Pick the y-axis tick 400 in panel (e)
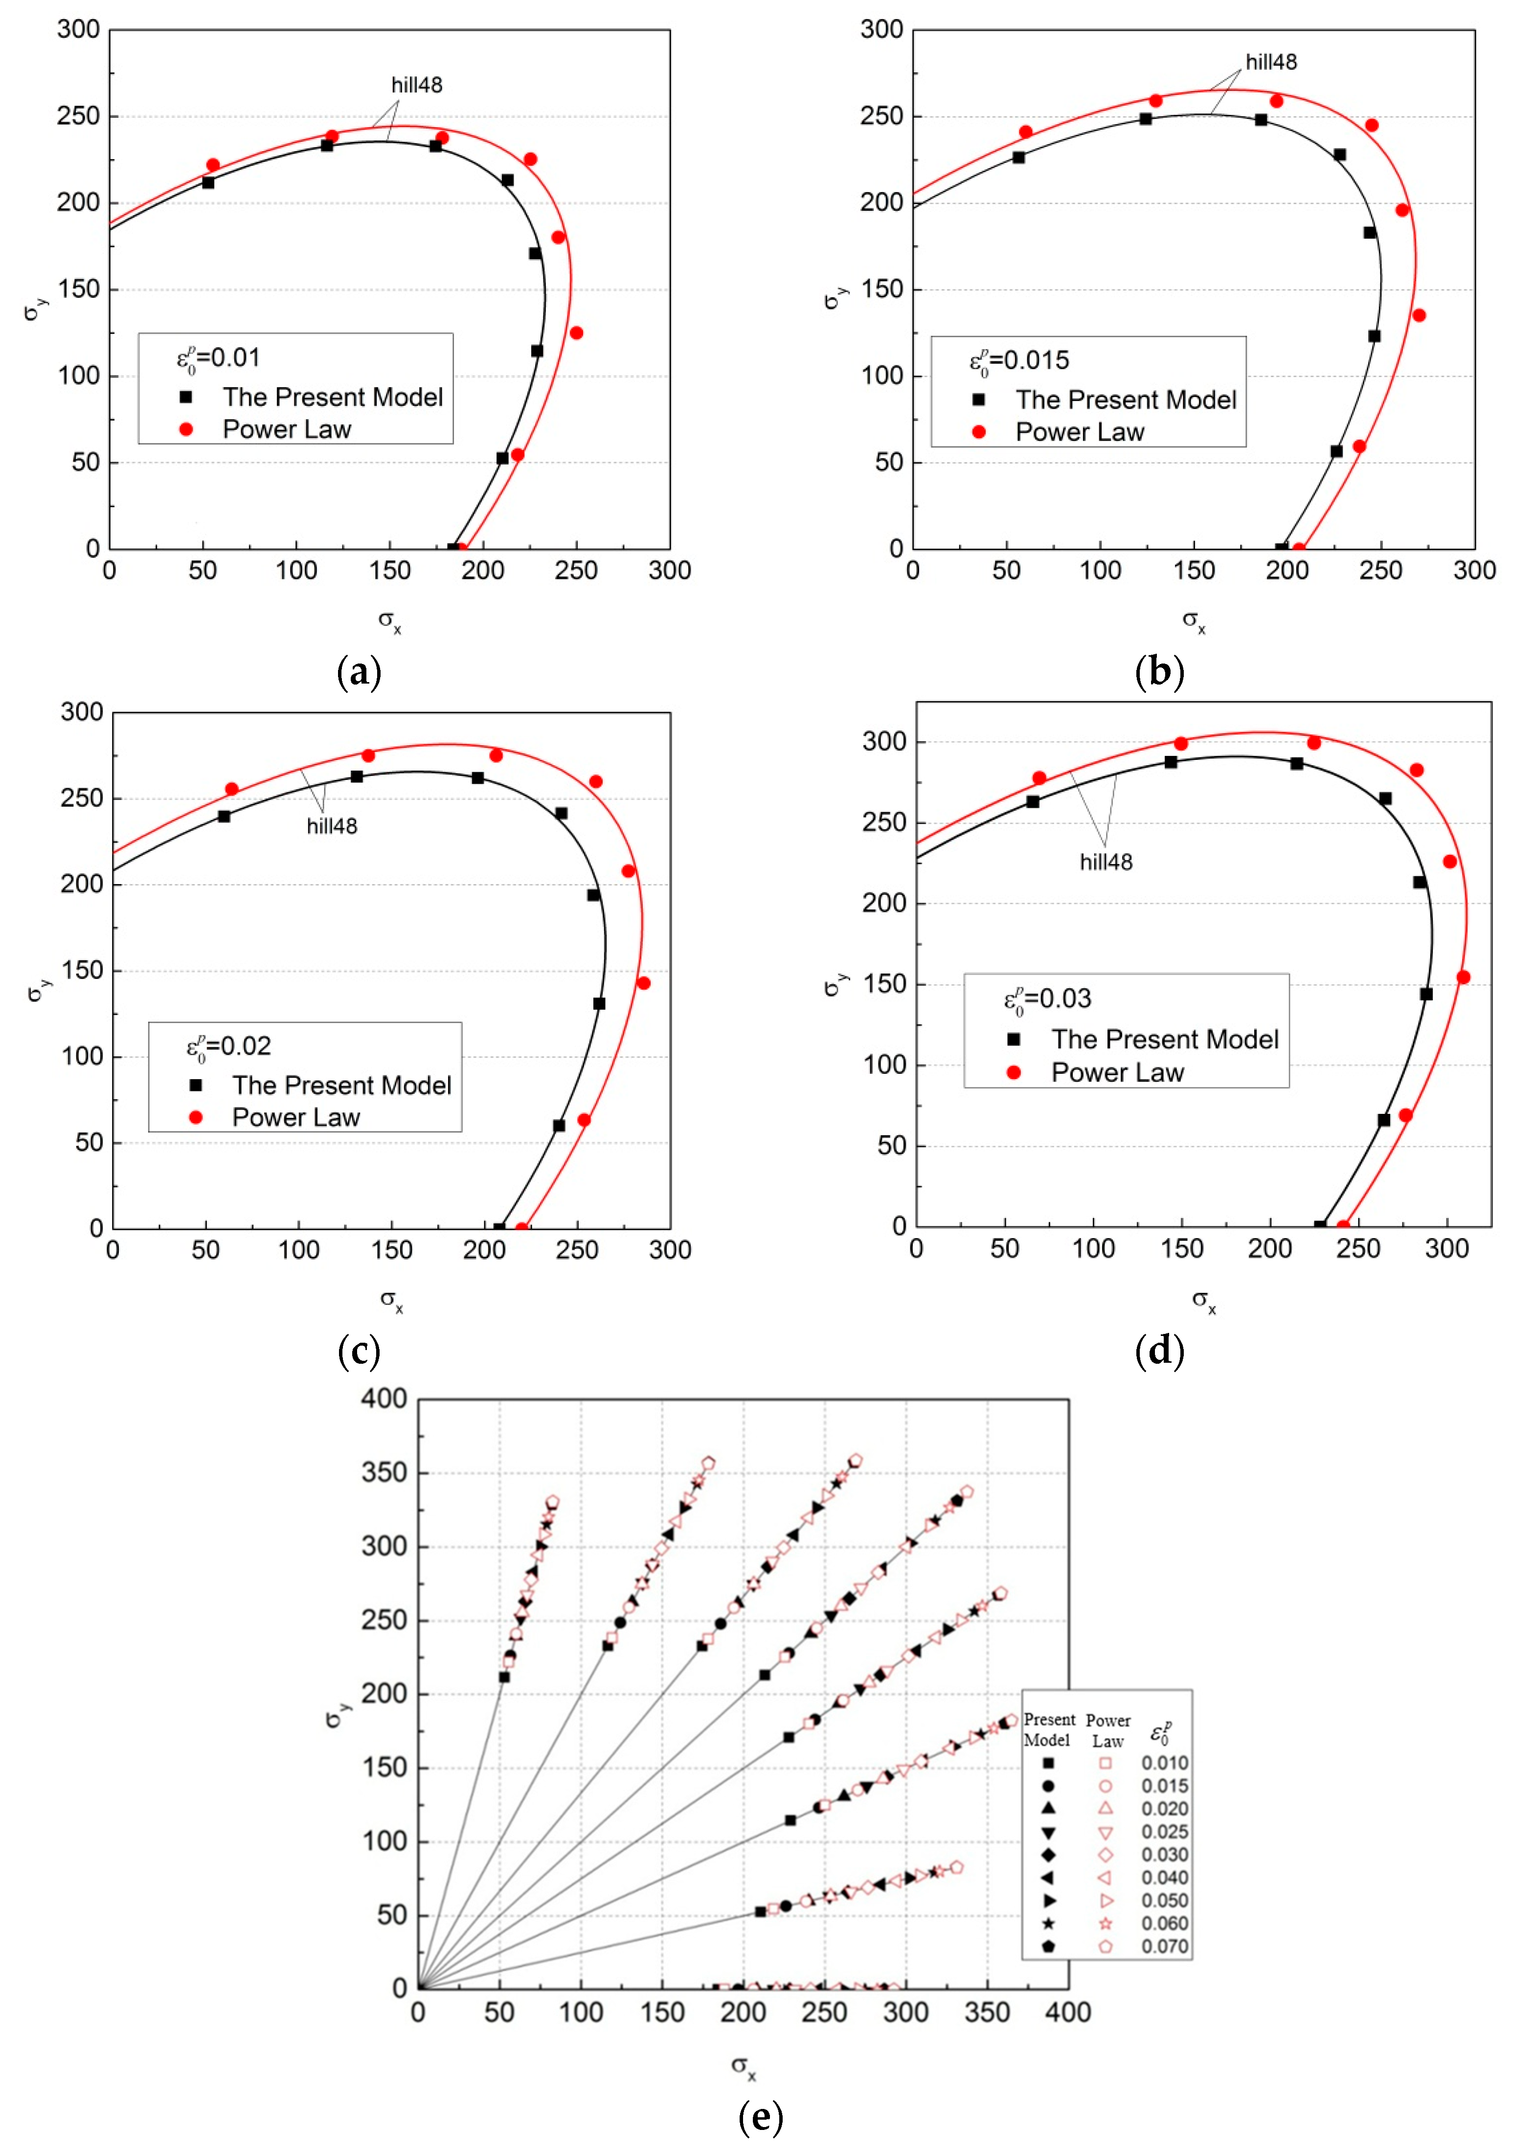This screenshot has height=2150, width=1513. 384,1399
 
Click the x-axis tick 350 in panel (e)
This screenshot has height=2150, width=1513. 988,2012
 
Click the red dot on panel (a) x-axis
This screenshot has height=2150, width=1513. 461,549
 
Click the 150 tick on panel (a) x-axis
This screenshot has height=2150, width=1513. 390,570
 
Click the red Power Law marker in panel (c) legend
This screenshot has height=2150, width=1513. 196,1117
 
